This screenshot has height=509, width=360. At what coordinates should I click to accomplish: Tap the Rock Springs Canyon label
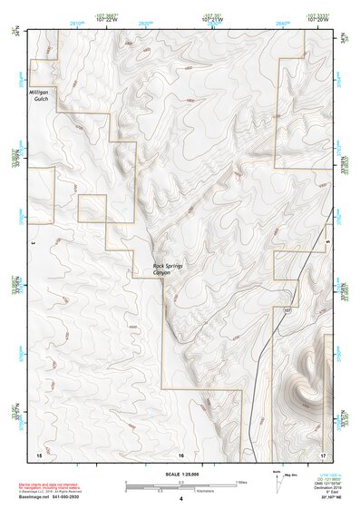pyautogui.click(x=169, y=269)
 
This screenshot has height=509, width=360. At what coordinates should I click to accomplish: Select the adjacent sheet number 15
pyautogui.click(x=39, y=453)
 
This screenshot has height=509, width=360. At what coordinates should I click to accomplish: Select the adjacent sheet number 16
pyautogui.click(x=180, y=453)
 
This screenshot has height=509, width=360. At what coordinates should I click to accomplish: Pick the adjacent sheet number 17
pyautogui.click(x=324, y=453)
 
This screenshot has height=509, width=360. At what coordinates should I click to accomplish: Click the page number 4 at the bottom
pyautogui.click(x=180, y=498)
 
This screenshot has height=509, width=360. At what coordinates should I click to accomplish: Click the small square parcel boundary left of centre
pyautogui.click(x=92, y=208)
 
